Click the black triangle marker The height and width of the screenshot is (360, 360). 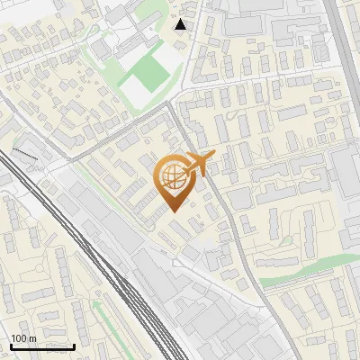(x=181, y=24)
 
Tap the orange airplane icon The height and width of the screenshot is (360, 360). (x=199, y=163)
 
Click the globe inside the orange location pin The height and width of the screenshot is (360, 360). (x=173, y=176)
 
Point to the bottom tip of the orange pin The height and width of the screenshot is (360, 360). (x=173, y=211)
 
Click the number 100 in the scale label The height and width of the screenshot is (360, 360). (x=18, y=338)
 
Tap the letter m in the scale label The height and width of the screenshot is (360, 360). (x=31, y=338)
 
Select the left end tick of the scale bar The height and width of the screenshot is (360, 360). (x=10, y=346)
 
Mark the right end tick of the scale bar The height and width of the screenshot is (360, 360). (x=74, y=346)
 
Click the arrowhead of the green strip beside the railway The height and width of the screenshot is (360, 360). (x=94, y=305)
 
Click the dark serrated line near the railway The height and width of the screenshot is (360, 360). (x=24, y=155)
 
